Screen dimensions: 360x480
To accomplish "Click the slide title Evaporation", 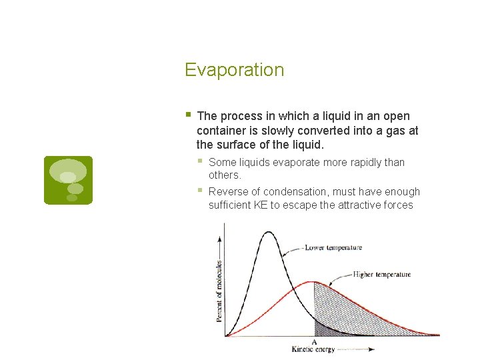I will click(x=234, y=70).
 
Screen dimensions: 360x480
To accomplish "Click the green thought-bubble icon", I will click(x=68, y=180).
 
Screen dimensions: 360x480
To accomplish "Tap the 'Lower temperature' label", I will click(x=333, y=247).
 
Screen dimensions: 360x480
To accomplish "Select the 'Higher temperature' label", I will click(x=381, y=274).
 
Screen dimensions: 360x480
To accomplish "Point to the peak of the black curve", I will click(x=269, y=232).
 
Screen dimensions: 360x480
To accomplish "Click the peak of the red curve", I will click(x=314, y=282).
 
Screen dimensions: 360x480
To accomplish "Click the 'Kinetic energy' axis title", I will click(x=314, y=349).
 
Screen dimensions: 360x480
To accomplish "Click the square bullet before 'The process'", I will click(x=189, y=115).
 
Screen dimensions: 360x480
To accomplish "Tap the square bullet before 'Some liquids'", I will click(x=201, y=161).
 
